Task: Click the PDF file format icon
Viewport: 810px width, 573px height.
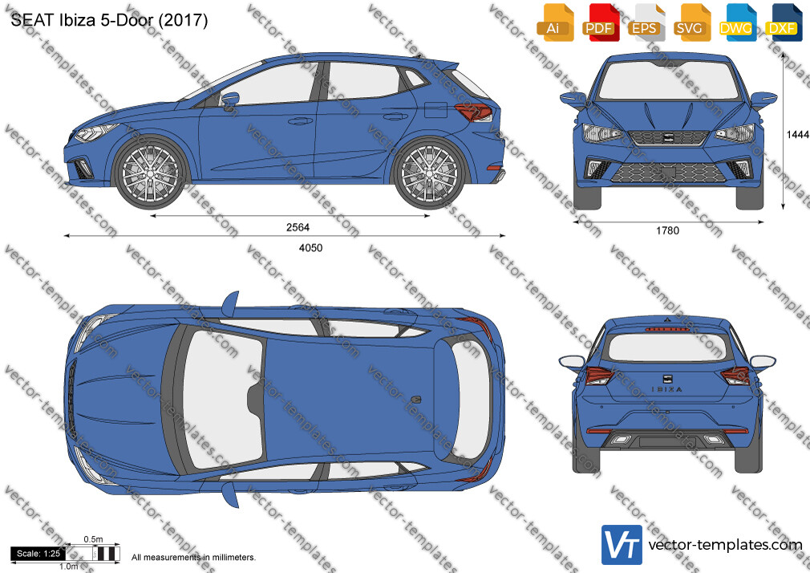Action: click(x=600, y=22)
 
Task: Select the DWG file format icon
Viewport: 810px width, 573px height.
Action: click(x=735, y=22)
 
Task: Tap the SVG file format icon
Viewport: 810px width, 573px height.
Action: click(x=691, y=22)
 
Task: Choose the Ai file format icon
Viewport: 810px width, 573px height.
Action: click(x=555, y=22)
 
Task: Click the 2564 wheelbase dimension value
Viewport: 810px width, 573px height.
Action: click(x=298, y=227)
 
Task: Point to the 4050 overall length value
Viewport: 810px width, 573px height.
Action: click(x=310, y=248)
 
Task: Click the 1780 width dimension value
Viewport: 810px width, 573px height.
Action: click(x=667, y=230)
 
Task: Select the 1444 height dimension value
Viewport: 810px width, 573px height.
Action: click(x=798, y=135)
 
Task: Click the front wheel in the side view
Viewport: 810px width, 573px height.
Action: click(x=150, y=173)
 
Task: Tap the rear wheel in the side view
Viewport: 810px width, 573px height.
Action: click(x=429, y=173)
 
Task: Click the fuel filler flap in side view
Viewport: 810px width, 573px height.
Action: click(x=435, y=110)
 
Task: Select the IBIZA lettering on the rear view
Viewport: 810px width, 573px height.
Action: click(x=666, y=389)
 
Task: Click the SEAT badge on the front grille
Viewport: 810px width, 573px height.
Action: click(x=667, y=137)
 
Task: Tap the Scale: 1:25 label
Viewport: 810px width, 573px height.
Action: click(x=38, y=554)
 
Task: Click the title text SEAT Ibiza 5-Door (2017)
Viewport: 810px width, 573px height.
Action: click(x=109, y=20)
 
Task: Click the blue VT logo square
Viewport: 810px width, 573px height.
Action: click(x=622, y=545)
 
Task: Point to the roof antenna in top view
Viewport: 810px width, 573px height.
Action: click(x=416, y=400)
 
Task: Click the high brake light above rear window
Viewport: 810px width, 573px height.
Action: click(x=667, y=329)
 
